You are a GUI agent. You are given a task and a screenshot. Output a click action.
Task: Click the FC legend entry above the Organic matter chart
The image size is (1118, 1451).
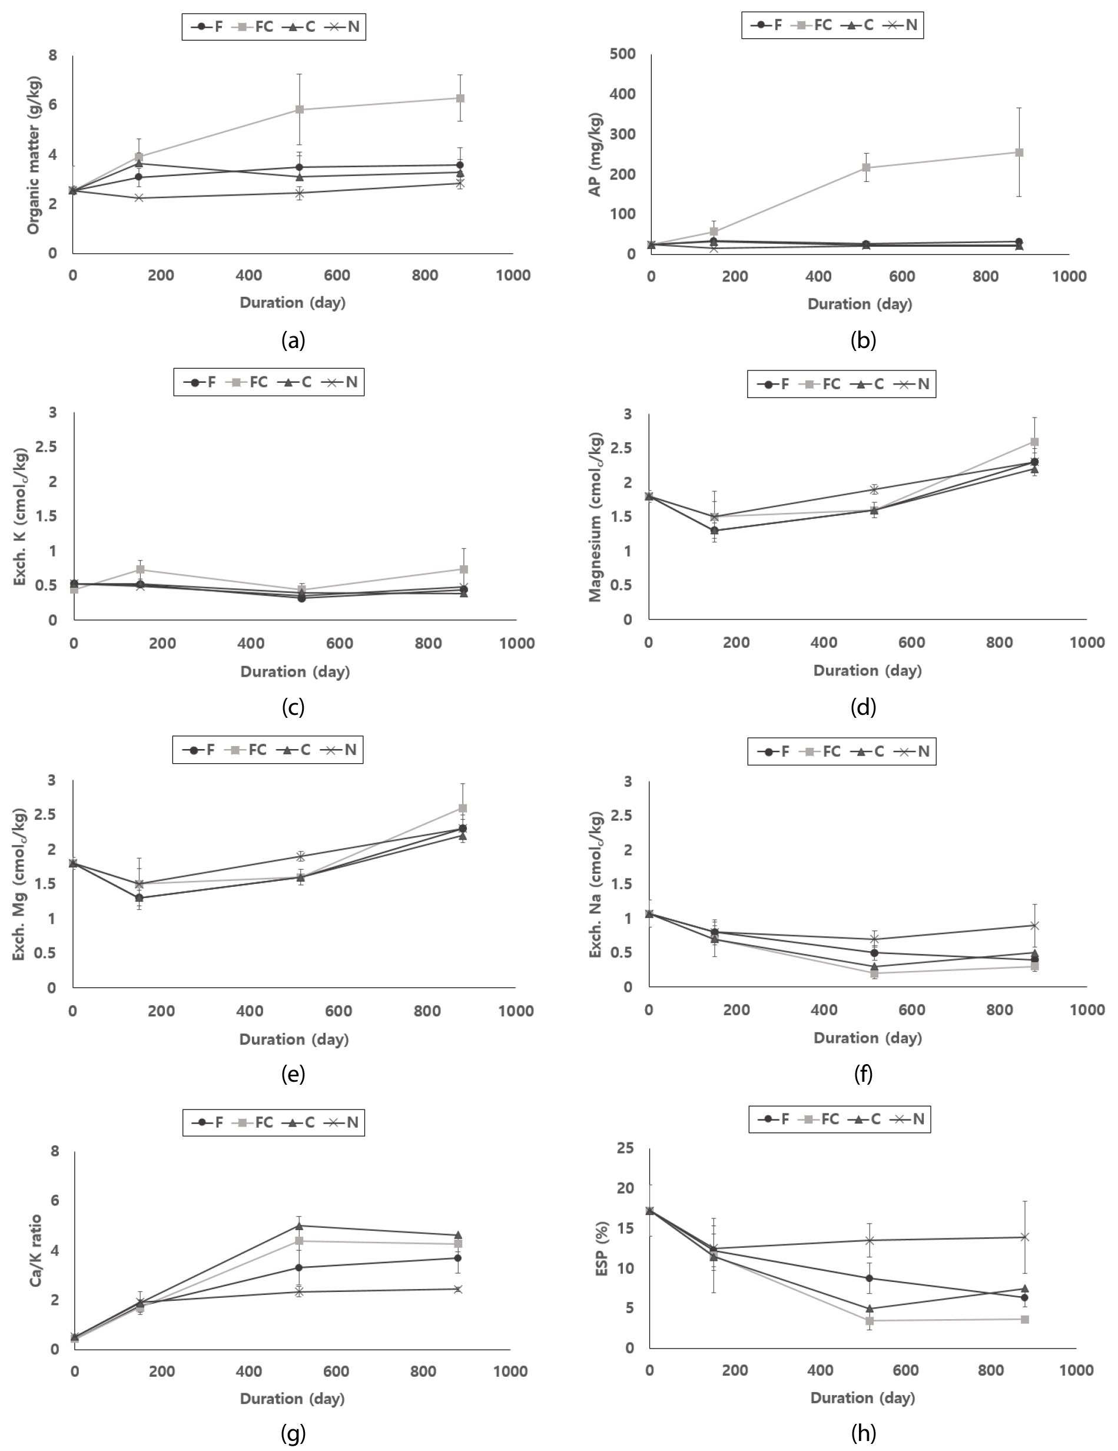coord(255,26)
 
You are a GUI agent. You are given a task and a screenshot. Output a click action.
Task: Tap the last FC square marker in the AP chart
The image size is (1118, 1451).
coord(1019,153)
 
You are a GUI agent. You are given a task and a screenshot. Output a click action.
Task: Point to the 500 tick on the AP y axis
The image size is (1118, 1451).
coord(622,54)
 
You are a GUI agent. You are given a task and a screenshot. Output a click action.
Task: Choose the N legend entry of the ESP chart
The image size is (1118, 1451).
coord(910,1119)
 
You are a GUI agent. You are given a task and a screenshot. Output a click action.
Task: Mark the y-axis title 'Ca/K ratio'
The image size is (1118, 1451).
coord(36,1250)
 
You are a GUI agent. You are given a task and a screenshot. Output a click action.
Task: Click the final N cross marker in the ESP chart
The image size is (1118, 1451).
coord(1024,1237)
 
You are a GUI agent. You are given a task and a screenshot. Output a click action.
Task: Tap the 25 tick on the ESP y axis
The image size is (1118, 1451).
coord(626,1149)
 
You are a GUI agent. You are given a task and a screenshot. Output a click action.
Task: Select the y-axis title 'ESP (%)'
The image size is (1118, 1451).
coord(602,1249)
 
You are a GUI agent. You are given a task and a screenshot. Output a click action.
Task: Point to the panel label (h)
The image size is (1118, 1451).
coord(863,1433)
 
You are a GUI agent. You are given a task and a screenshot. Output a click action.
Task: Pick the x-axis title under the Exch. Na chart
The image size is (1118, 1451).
coord(868,1038)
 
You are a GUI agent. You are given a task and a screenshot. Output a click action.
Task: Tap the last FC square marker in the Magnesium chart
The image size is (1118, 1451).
coord(1034,442)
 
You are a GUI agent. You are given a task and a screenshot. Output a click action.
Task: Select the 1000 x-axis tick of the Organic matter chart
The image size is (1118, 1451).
coord(513,276)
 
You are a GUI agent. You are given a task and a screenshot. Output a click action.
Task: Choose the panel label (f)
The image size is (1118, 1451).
coord(863,1074)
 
